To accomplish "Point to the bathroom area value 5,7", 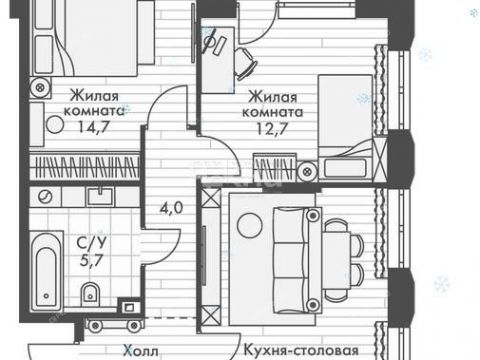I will (x=87, y=257).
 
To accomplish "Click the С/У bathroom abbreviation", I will (x=88, y=241).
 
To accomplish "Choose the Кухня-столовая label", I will (x=302, y=351).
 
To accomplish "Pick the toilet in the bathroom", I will (x=89, y=293).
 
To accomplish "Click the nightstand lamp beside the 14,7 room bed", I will (x=39, y=87).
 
